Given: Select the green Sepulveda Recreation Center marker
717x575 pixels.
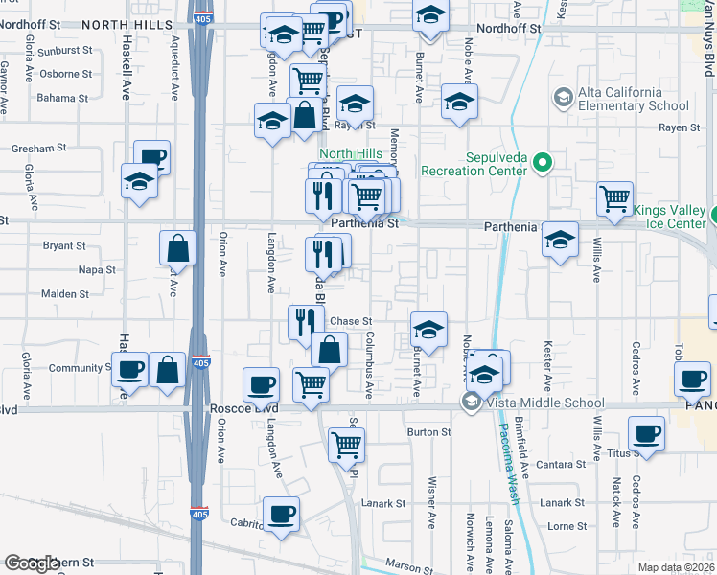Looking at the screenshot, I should (x=543, y=164).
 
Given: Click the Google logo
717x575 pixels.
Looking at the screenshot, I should (x=32, y=563).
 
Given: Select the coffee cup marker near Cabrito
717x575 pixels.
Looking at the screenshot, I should (x=281, y=515).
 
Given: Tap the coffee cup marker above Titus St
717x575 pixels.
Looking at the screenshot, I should (x=646, y=433).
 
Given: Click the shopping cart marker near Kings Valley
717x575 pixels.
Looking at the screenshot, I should (x=614, y=198).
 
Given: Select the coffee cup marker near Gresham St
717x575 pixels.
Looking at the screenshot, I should (x=151, y=157).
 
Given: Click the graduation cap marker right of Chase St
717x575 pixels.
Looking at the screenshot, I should (x=428, y=330).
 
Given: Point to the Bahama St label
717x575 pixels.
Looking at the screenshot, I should (x=62, y=98).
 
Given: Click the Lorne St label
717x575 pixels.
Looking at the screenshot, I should (x=567, y=526).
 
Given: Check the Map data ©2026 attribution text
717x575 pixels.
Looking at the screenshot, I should (x=678, y=567).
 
